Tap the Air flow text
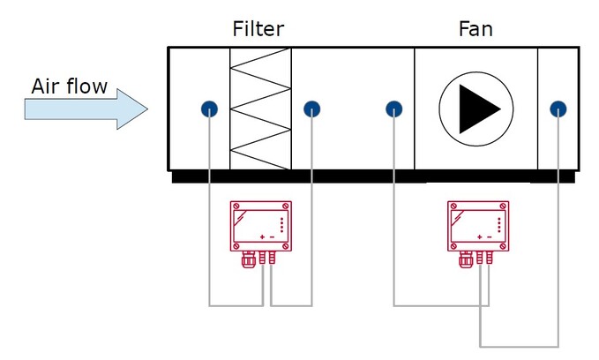tap(69, 86)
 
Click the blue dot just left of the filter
tap(208, 109)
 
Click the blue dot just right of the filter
tap(311, 109)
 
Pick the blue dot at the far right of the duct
tap(558, 109)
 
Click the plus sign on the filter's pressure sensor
tap(261, 237)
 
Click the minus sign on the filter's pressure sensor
tap(272, 237)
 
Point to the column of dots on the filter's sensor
tap(282, 224)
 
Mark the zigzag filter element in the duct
tap(260, 108)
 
